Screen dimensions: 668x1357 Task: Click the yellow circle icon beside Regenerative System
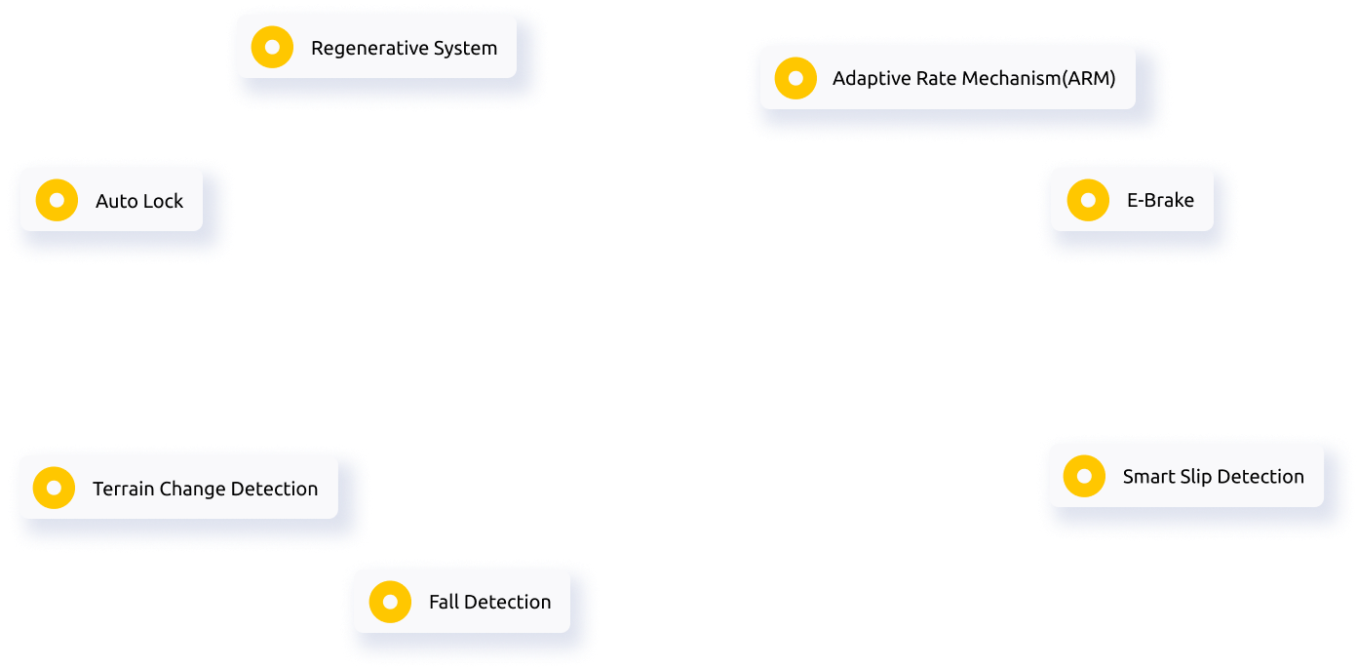click(272, 47)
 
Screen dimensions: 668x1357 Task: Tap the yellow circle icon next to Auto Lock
click(57, 201)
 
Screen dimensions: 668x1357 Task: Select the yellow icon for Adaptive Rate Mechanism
click(795, 78)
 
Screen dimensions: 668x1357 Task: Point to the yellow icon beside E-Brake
click(1088, 200)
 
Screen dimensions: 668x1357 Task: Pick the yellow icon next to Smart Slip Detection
click(1084, 476)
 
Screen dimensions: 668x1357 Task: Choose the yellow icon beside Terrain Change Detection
click(54, 488)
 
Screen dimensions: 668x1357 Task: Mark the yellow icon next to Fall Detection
click(390, 602)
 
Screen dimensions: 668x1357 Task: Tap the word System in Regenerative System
click(466, 49)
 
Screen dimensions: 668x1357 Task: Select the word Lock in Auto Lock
click(161, 202)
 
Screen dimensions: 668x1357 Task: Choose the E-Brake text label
click(1160, 201)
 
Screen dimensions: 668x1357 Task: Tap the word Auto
click(115, 202)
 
